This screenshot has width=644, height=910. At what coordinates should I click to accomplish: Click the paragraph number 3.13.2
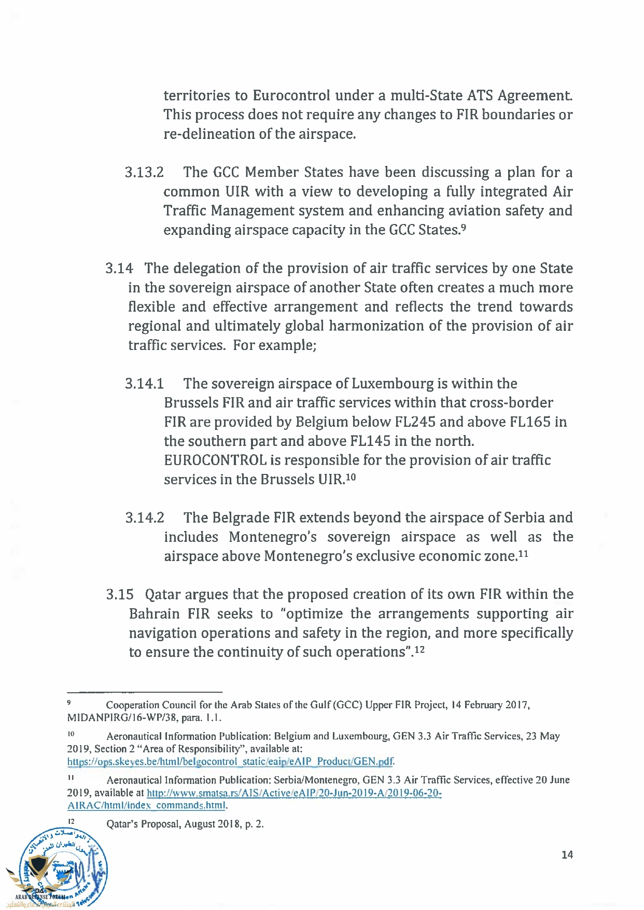click(144, 172)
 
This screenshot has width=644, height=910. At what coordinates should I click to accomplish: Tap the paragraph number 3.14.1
click(144, 384)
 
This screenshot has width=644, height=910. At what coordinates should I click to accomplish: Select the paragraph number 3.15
click(120, 594)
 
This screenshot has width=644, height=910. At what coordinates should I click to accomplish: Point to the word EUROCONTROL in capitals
click(215, 460)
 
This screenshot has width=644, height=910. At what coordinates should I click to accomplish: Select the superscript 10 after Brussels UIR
click(351, 476)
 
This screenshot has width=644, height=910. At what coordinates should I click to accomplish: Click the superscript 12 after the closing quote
click(419, 649)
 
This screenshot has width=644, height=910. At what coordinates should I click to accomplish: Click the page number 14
click(567, 855)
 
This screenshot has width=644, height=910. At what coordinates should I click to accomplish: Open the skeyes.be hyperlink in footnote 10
click(230, 762)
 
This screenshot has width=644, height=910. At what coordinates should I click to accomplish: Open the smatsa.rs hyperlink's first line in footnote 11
click(294, 793)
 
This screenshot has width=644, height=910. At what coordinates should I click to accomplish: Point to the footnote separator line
click(145, 692)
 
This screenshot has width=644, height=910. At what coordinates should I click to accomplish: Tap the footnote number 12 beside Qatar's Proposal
click(72, 821)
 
